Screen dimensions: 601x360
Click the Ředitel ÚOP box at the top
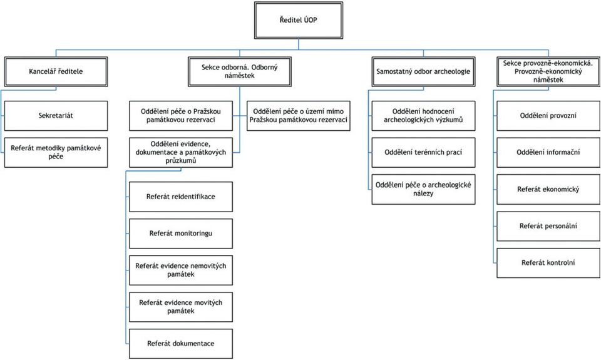pos(298,20)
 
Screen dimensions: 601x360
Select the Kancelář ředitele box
pos(56,72)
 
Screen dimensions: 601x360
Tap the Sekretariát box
pos(56,116)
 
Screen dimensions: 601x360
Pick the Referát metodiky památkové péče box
pos(56,153)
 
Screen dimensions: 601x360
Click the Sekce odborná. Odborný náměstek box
pos(240,72)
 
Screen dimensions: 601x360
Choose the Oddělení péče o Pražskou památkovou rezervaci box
pos(181,116)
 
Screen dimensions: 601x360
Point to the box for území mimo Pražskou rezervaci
pos(299,116)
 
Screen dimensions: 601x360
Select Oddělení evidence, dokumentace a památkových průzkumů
pos(181,153)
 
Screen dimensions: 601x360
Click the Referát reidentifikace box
pos(181,197)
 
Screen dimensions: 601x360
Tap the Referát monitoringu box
pos(181,234)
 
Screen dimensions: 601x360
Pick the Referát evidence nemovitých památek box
pos(181,270)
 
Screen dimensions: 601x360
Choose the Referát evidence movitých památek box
pos(181,307)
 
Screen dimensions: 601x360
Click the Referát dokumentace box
pos(181,344)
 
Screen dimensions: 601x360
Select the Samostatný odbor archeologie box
pos(424,72)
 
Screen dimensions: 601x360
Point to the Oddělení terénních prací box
pos(424,153)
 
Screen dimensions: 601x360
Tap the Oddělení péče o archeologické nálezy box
pos(424,190)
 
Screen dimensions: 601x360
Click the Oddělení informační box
pos(548,153)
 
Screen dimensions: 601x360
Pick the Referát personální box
pos(548,226)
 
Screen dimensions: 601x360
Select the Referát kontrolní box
pos(548,263)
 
